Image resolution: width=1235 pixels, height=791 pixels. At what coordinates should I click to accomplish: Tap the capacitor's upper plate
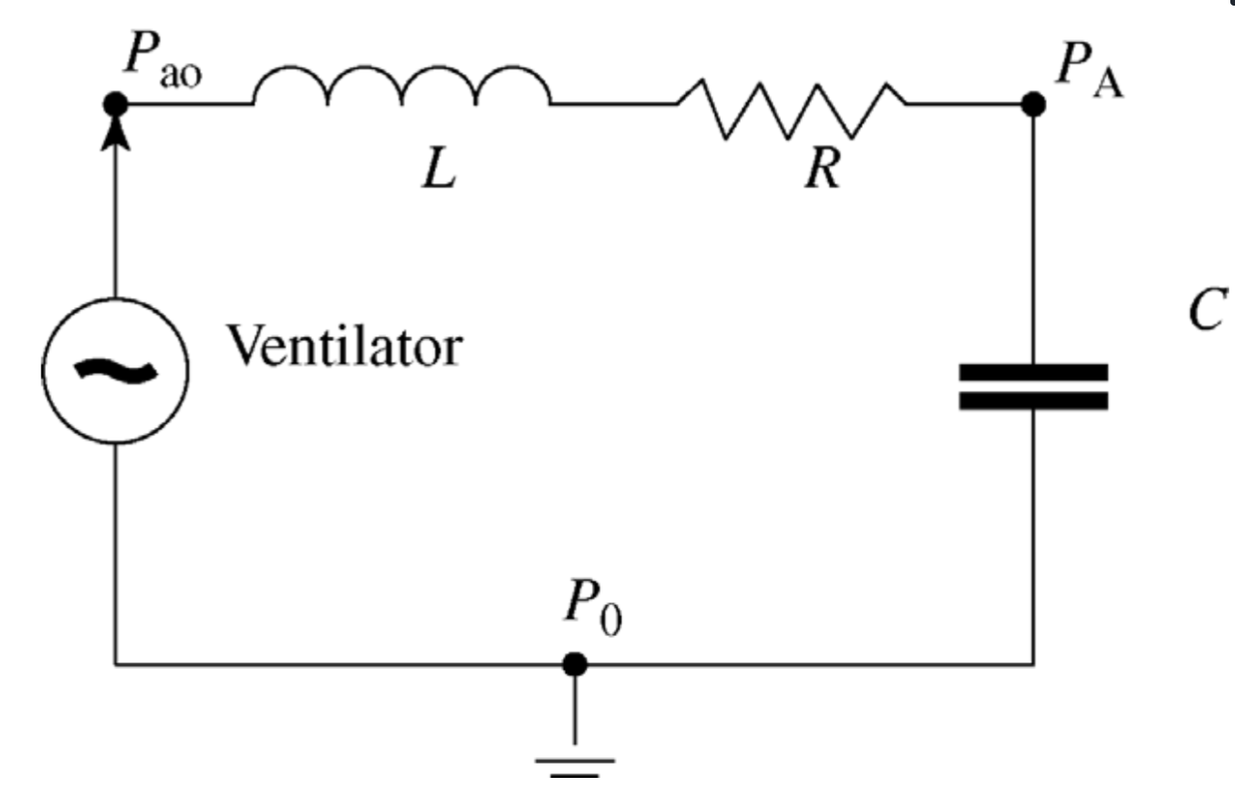click(x=1033, y=372)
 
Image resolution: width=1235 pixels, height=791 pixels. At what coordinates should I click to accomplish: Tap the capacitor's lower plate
click(x=1033, y=401)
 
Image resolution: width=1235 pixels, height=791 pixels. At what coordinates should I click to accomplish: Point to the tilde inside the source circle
click(x=116, y=369)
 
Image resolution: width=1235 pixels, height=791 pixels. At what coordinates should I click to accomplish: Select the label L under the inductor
click(x=439, y=173)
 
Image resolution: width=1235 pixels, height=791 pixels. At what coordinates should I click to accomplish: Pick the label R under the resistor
click(x=822, y=171)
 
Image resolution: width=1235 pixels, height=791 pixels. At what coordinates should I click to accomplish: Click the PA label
click(x=1086, y=66)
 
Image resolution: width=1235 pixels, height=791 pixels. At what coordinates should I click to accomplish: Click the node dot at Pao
click(x=116, y=103)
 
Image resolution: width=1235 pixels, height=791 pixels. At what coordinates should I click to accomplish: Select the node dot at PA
click(x=1033, y=103)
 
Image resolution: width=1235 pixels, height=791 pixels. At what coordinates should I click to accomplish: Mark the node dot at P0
click(x=575, y=664)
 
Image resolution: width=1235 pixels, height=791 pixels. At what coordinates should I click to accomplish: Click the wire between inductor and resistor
click(x=613, y=103)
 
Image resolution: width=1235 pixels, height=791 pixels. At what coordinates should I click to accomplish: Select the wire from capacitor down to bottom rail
click(x=1033, y=535)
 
